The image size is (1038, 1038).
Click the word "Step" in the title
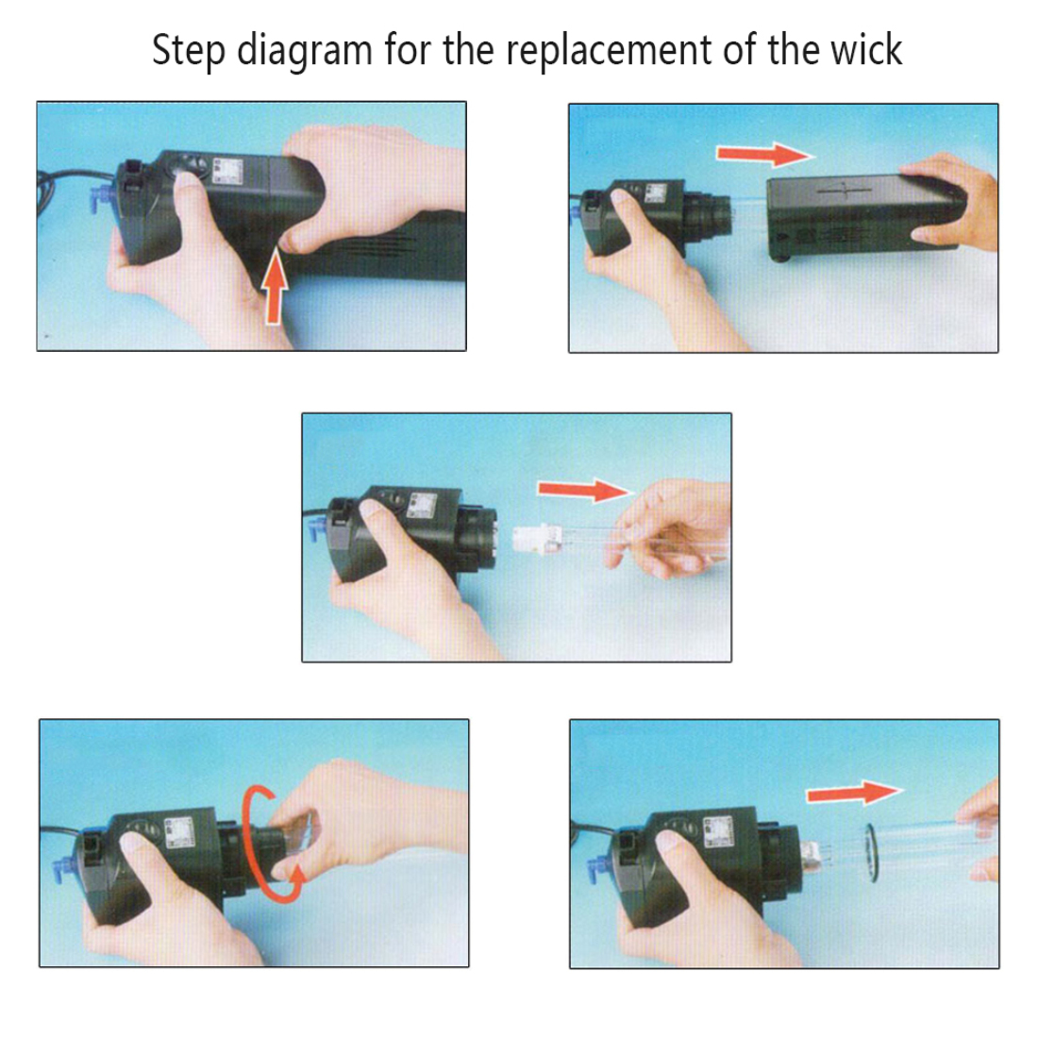point(189,51)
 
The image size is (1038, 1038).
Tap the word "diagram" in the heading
point(305,51)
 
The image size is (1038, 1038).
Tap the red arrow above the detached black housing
point(764,155)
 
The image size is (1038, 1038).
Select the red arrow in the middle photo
point(583,491)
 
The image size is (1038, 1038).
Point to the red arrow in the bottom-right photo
point(854,793)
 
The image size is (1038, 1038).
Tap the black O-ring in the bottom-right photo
point(871,853)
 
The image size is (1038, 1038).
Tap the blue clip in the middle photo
point(316,529)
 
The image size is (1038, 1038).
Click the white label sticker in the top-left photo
point(227,172)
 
